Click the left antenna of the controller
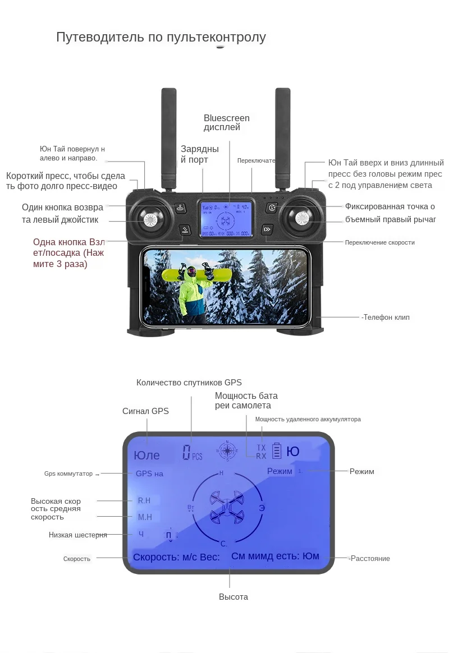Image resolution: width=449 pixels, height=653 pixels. point(169,137)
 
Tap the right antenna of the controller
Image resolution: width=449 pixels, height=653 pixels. point(282,137)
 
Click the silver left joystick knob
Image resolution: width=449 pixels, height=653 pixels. point(150,220)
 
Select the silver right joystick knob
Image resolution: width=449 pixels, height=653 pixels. point(301,219)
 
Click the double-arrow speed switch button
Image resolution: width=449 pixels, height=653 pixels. point(267,229)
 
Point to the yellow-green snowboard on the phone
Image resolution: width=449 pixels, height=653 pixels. point(187,273)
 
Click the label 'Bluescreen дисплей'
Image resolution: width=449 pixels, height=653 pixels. point(226,123)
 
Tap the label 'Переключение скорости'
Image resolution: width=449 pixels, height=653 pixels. point(379,242)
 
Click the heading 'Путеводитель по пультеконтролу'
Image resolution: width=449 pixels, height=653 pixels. point(161,38)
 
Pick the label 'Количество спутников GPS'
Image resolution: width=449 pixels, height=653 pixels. point(189,383)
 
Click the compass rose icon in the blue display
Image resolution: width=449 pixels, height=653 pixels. point(228,450)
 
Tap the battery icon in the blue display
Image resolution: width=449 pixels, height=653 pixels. point(277,451)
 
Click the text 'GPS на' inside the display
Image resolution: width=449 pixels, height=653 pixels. point(149,473)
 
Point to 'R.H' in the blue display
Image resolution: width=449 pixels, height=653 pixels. point(144,500)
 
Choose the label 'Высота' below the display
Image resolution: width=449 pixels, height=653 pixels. point(233,597)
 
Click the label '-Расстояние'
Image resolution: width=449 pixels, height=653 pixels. point(369,558)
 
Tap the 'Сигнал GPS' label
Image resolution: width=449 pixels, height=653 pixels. point(145,411)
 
